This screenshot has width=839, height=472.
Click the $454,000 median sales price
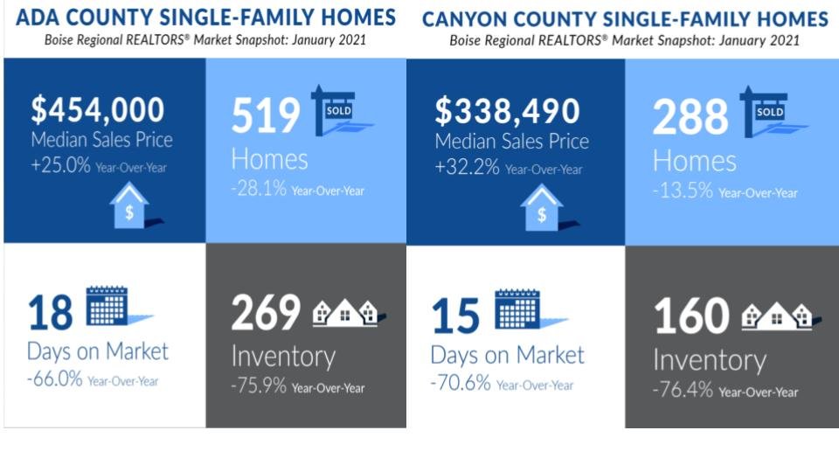point(97,110)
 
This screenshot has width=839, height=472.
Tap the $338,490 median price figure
point(507,111)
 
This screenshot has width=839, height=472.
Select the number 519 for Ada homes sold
point(266,115)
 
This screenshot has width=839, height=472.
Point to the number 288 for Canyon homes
point(690,116)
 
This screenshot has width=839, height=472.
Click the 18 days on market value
point(51,313)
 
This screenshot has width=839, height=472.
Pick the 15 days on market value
point(455,316)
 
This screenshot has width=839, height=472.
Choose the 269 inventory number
point(266,312)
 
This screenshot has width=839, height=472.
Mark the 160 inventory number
point(691,316)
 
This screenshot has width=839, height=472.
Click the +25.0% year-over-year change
point(60,165)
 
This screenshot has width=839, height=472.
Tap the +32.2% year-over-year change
point(467,167)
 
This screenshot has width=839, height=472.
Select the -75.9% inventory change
point(259,385)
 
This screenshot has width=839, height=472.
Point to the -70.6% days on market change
point(461,383)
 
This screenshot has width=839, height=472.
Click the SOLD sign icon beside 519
point(340,110)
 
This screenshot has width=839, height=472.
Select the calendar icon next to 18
point(118,306)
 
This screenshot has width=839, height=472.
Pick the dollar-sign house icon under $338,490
point(547,208)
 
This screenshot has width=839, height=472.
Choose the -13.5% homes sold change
point(683,191)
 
